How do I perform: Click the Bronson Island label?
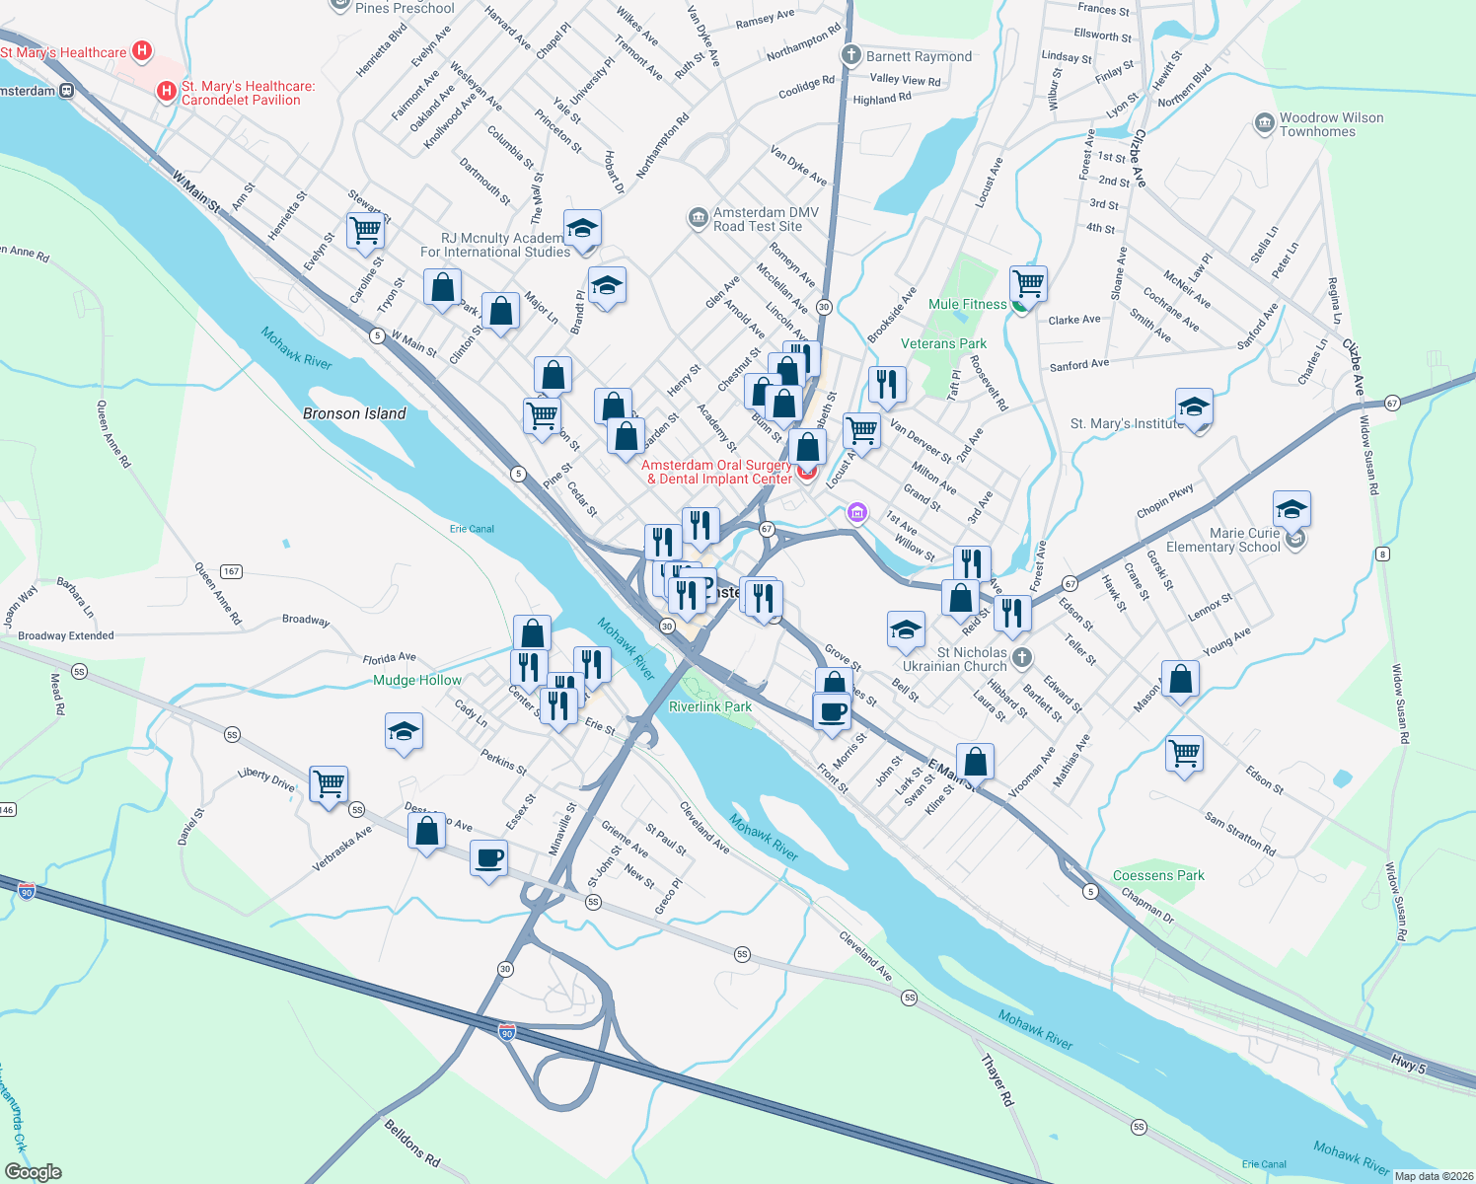354,413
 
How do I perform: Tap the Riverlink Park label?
710,706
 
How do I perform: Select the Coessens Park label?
1158,875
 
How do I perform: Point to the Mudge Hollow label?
417,680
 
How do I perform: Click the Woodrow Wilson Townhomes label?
1331,124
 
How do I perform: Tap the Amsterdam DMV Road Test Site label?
758,219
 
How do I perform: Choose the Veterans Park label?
943,343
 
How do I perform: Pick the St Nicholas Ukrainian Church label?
955,659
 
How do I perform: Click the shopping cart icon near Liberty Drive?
329,784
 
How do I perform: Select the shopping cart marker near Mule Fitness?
1029,283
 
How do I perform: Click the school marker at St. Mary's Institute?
1194,407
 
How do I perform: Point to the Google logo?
34,1172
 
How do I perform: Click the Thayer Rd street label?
996,1079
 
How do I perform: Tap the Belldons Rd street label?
411,1143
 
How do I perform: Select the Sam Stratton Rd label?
1240,834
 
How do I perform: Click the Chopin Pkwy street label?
1165,500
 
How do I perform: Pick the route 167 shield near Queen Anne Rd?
231,571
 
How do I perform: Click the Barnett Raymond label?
919,56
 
